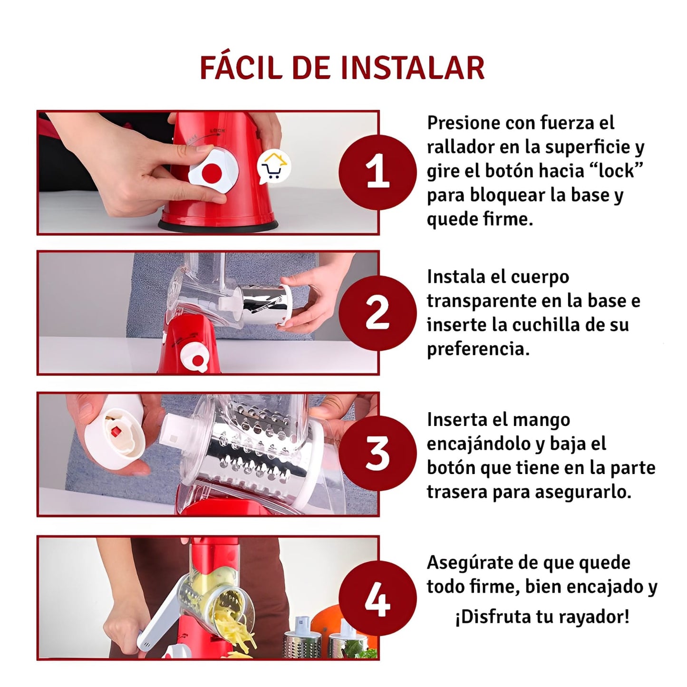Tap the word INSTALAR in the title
(413, 68)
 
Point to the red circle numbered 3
(377, 454)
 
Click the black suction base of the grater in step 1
(217, 225)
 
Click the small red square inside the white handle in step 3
(115, 433)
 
